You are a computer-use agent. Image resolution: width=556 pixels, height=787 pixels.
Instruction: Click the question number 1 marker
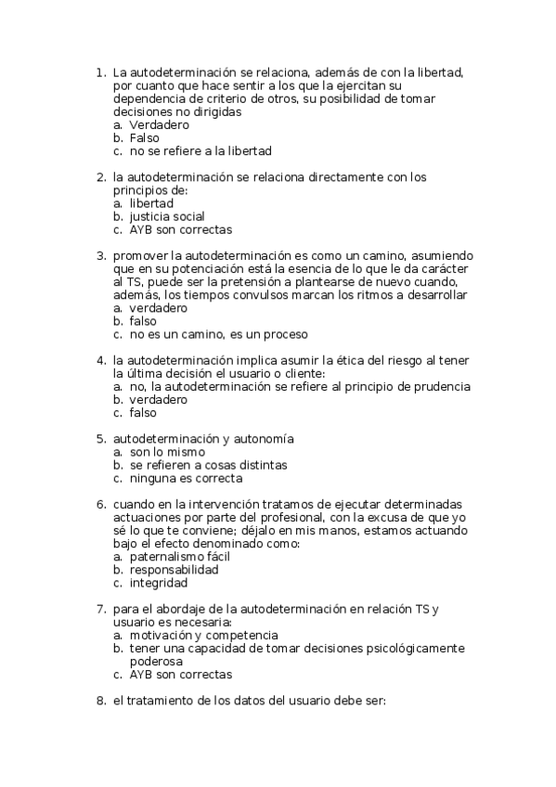coord(100,71)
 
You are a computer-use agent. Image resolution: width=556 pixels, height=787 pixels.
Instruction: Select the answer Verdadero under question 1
coord(159,124)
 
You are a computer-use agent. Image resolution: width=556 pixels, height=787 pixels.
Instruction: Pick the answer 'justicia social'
coord(167,216)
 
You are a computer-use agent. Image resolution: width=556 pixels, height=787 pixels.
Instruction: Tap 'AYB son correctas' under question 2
coord(180,229)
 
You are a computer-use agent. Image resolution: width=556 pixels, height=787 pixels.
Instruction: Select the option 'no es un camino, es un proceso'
coord(218,334)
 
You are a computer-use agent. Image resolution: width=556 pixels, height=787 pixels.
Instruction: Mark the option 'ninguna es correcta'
coord(186,478)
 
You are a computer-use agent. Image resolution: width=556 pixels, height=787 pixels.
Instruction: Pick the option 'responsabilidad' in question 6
coord(174,570)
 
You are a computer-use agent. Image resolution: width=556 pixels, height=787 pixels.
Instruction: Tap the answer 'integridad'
coord(159,583)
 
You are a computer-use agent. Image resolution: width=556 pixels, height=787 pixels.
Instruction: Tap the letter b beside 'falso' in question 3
coord(118,321)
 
